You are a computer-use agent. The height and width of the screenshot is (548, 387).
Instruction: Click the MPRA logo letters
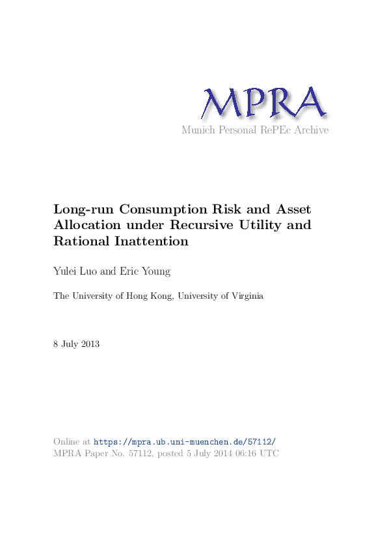[x=263, y=102]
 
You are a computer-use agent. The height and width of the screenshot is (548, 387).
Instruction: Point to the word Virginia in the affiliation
[x=245, y=296]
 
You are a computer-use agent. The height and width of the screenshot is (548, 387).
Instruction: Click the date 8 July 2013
[x=76, y=344]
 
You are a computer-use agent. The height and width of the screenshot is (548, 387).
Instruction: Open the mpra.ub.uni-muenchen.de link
[x=189, y=441]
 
